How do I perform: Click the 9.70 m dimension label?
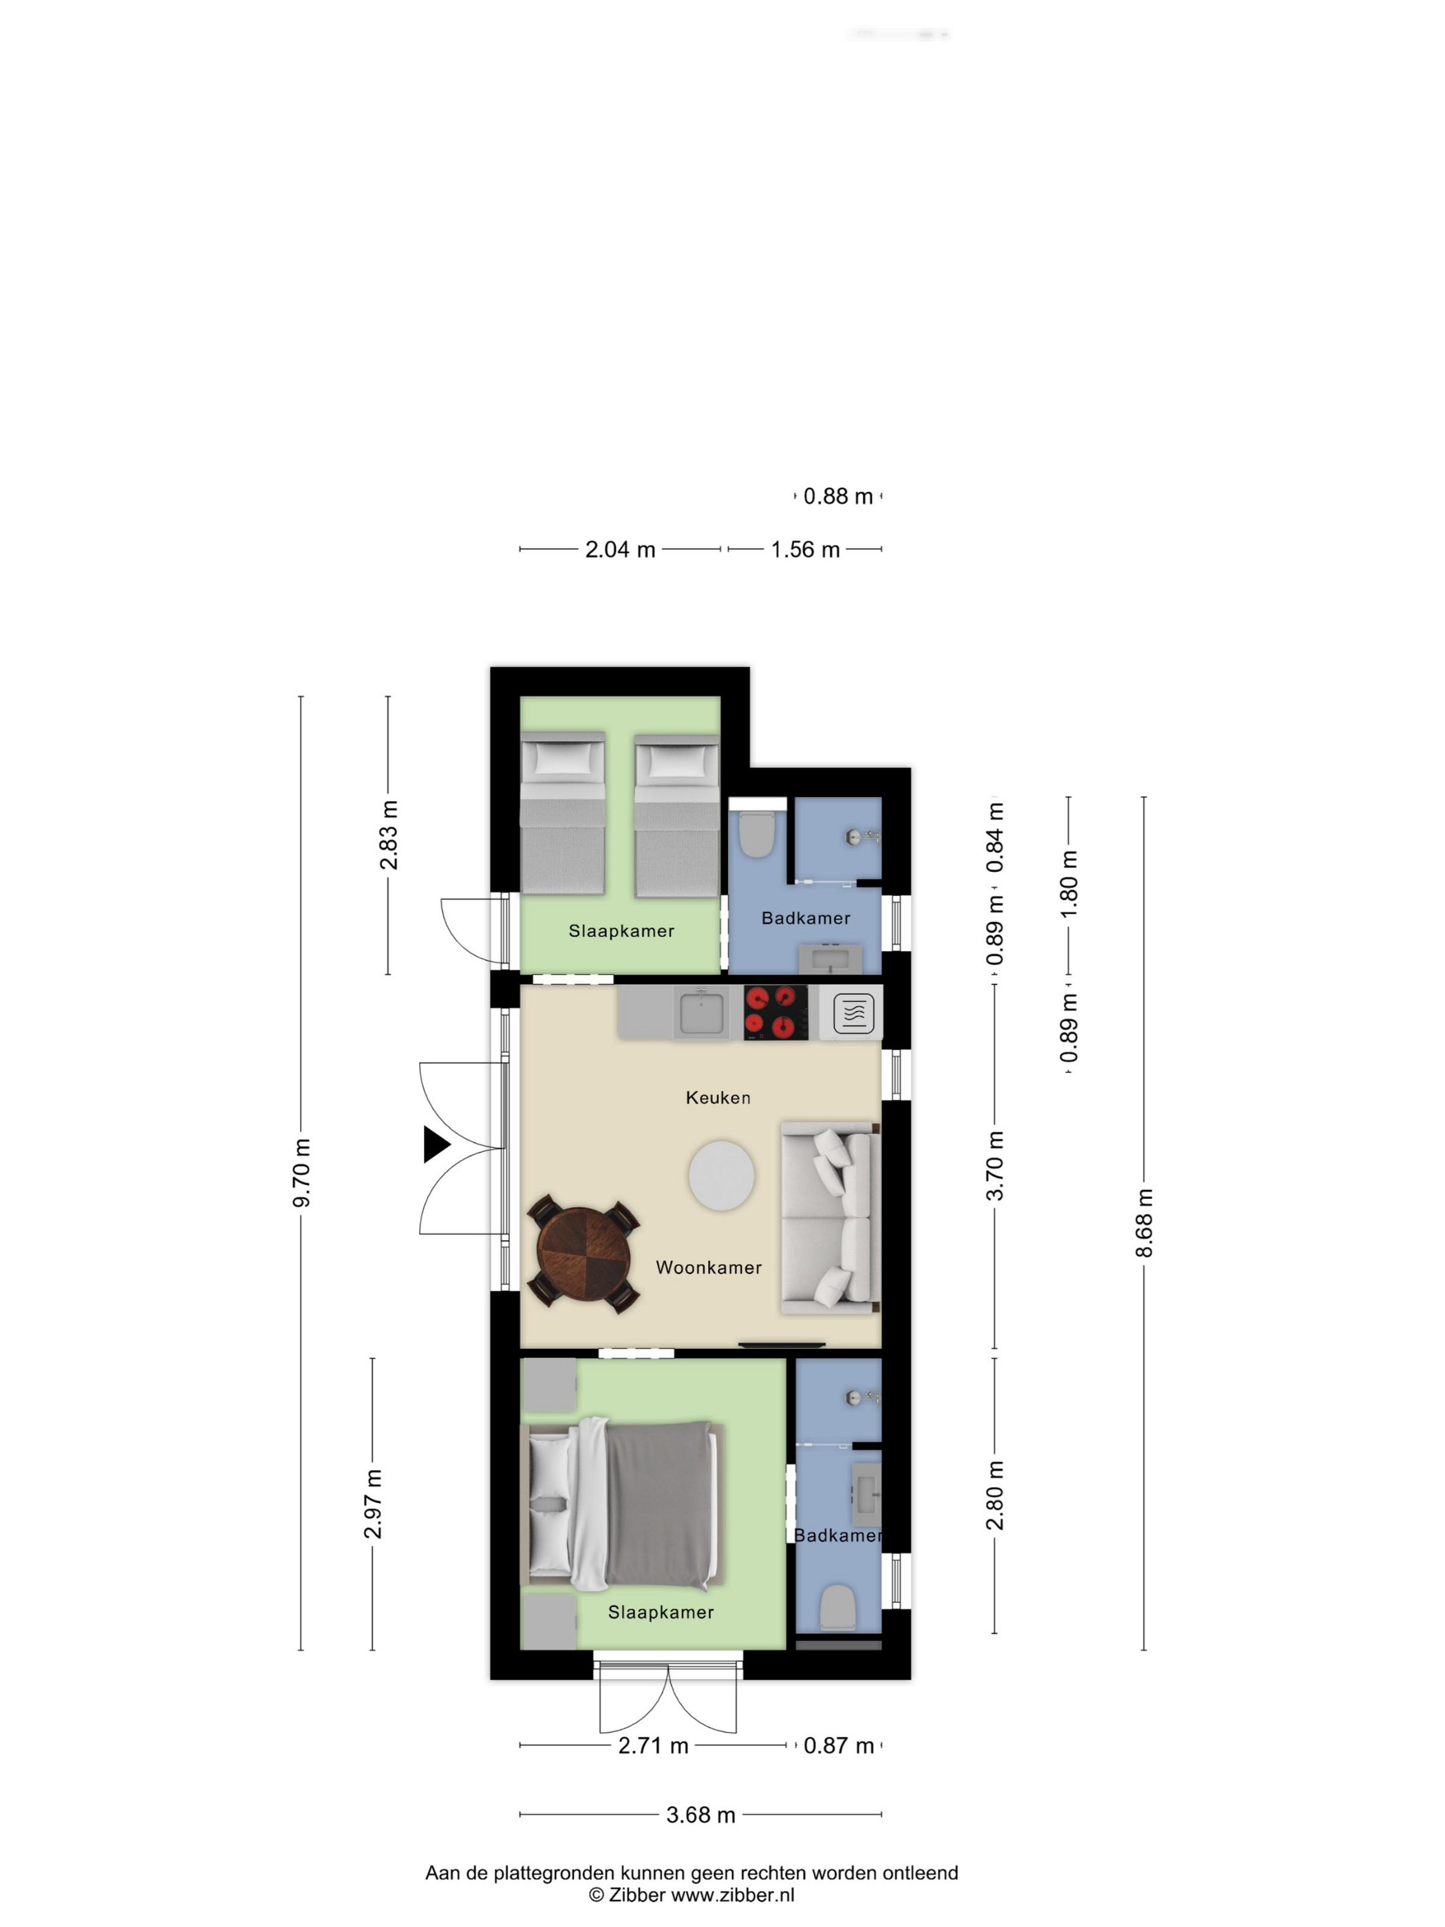(301, 1173)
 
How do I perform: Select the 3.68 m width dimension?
(700, 1815)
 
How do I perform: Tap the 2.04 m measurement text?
(620, 550)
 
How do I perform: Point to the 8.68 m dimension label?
(1144, 1223)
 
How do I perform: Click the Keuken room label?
(718, 1098)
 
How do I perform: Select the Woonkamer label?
(708, 1268)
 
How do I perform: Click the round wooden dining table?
(584, 1254)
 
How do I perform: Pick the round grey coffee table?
(721, 1176)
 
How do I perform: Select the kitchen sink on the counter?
(701, 1012)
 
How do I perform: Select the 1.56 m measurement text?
(805, 550)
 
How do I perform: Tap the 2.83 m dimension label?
(389, 835)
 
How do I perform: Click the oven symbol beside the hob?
(853, 1013)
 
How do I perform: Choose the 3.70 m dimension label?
(995, 1167)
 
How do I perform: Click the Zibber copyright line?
(692, 1895)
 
